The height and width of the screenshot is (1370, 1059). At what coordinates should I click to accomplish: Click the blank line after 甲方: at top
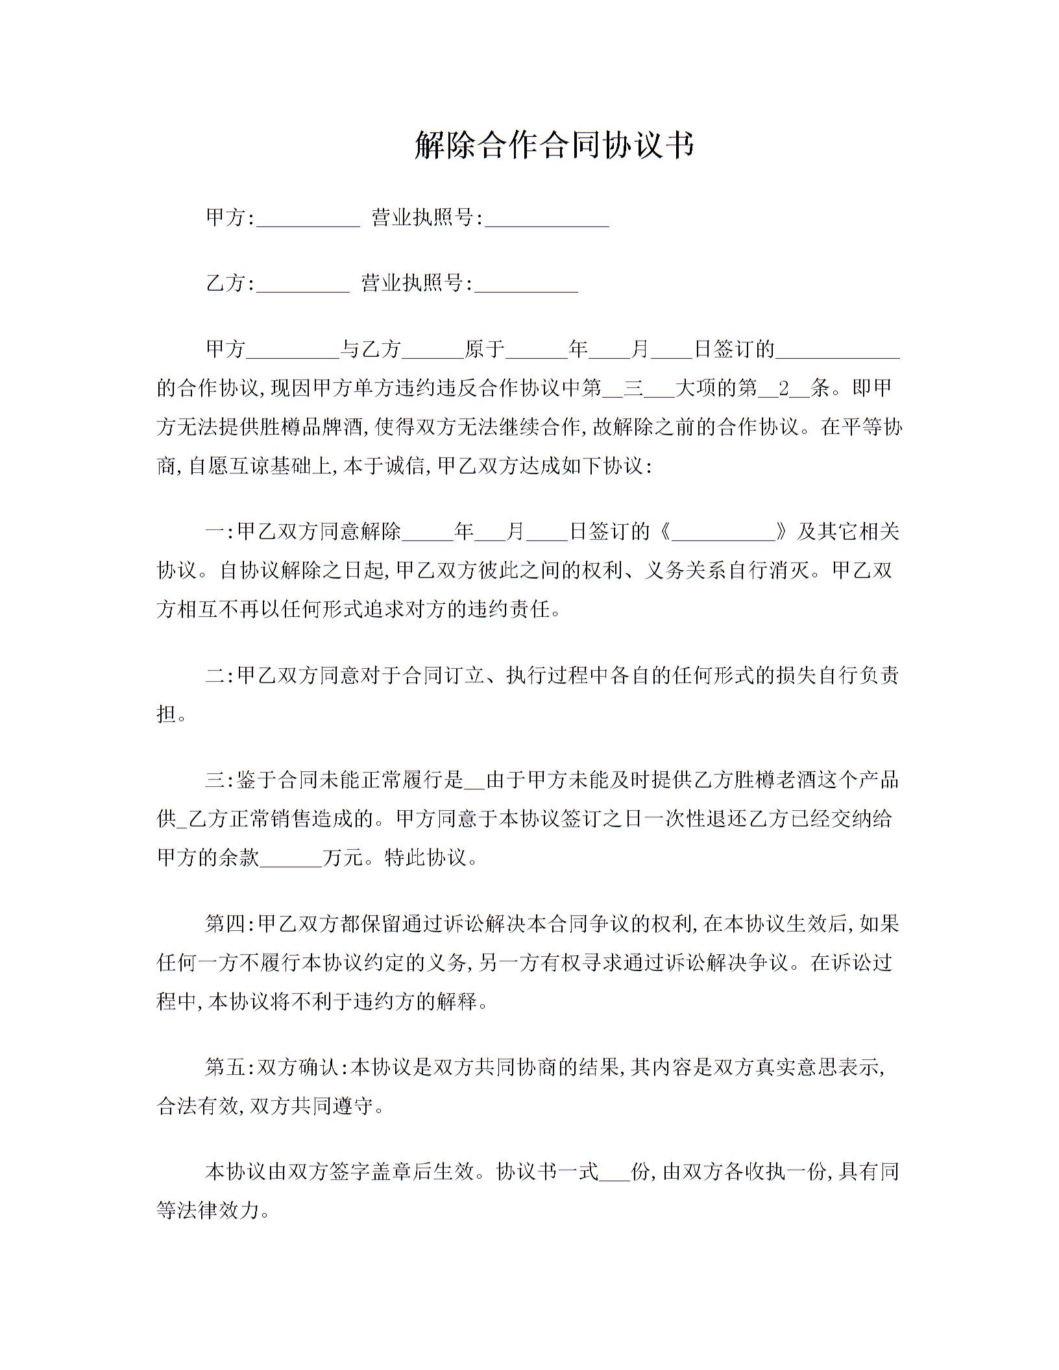click(x=308, y=219)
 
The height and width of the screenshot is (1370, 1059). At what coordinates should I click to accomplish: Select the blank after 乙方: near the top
click(x=303, y=285)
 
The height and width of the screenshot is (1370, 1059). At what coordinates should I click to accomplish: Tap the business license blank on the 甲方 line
click(x=547, y=219)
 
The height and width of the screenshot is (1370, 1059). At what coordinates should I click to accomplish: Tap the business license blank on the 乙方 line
click(x=526, y=285)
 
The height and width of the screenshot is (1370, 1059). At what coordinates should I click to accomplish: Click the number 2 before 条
click(x=784, y=389)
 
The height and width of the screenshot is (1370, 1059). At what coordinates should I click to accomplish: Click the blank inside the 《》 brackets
click(x=724, y=533)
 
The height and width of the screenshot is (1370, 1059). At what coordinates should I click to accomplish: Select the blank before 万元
click(x=291, y=859)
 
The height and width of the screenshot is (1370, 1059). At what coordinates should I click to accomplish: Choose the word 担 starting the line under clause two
click(x=166, y=715)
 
